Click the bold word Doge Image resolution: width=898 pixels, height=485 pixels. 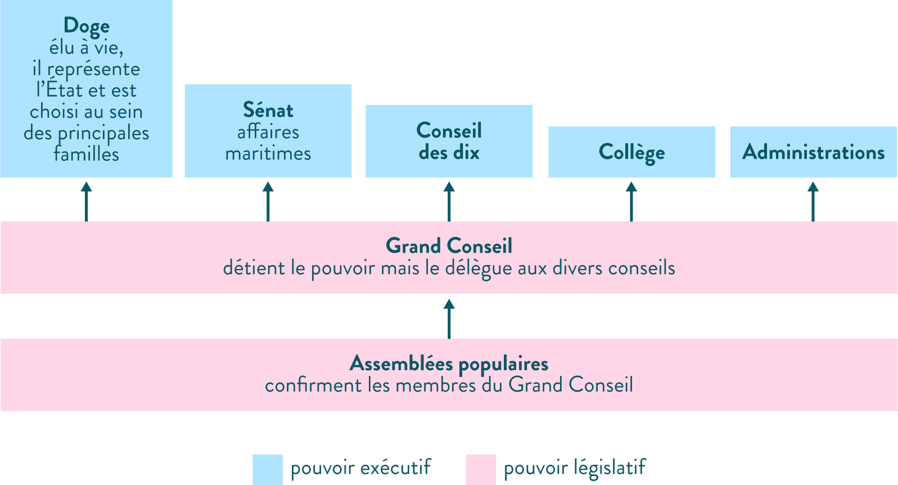coord(86,26)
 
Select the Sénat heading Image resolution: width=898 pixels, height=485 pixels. coord(268,110)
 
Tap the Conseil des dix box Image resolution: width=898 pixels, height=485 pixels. coord(449,141)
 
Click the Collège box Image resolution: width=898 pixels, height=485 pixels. coord(631,152)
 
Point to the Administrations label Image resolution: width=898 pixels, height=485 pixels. coord(813,152)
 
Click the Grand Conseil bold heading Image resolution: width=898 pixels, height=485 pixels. coord(449,246)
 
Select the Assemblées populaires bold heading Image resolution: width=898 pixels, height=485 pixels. coord(449,363)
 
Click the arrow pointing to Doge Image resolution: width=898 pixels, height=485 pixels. coord(86,201)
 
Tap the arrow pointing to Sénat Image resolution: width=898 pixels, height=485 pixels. coord(268,201)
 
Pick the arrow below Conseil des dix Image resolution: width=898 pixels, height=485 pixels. coord(449,201)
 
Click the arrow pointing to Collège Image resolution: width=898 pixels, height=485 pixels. coord(631,201)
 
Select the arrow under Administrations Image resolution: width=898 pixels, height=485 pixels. coord(813,201)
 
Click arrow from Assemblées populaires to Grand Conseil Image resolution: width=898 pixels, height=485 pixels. coord(449,318)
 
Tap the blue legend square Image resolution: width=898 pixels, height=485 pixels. coord(267,470)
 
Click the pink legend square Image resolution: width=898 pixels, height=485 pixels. coord(481,470)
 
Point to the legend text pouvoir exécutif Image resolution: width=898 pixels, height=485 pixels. coord(360,468)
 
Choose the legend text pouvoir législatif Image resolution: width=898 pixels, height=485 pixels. coord(575,468)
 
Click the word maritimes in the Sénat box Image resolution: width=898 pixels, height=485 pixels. coord(268,153)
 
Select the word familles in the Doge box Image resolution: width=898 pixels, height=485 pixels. coord(86,154)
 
